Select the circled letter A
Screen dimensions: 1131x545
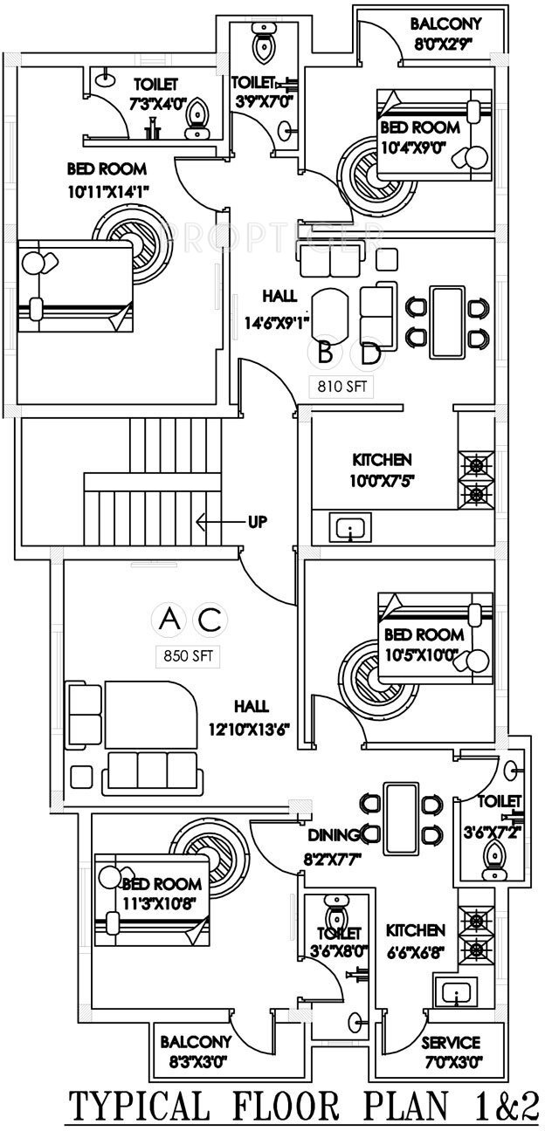(x=171, y=620)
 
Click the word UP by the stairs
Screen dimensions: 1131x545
(x=258, y=523)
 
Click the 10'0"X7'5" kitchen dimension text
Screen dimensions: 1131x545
(x=383, y=479)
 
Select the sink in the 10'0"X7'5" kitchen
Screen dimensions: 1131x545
(x=349, y=528)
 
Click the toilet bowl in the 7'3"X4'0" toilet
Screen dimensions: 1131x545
(x=199, y=116)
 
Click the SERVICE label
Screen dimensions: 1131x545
(x=451, y=1043)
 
